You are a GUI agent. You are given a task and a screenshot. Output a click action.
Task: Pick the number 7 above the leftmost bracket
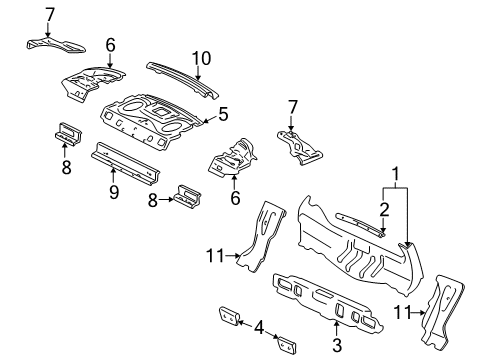[50, 14]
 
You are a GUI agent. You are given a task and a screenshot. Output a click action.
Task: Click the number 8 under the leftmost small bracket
[67, 169]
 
